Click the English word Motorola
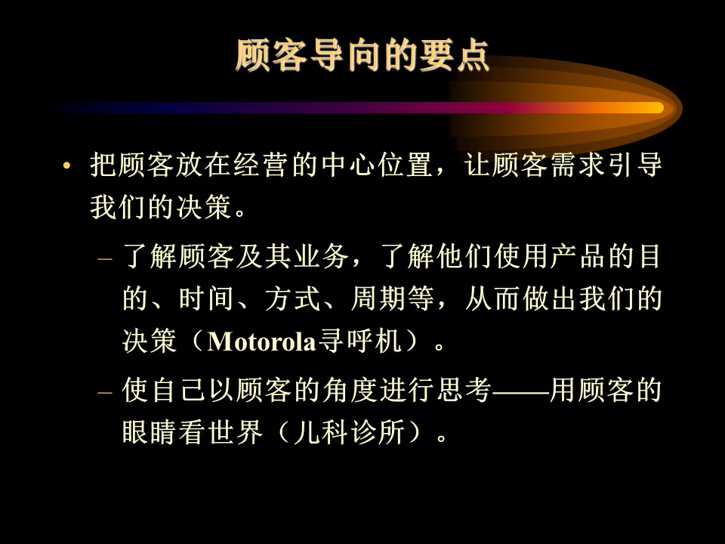pyautogui.click(x=262, y=342)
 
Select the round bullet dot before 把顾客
pyautogui.click(x=66, y=165)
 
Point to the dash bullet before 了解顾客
pyautogui.click(x=105, y=258)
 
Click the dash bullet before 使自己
pyautogui.click(x=105, y=392)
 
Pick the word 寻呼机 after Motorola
pyautogui.click(x=359, y=342)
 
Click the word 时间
pyautogui.click(x=206, y=298)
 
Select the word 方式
pyautogui.click(x=292, y=298)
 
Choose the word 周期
pyautogui.click(x=378, y=298)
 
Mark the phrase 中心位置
pyautogui.click(x=378, y=165)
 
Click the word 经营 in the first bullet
pyautogui.click(x=262, y=165)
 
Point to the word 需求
pyautogui.click(x=578, y=165)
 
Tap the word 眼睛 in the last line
pyautogui.click(x=150, y=432)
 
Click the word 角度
pyautogui.click(x=350, y=390)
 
